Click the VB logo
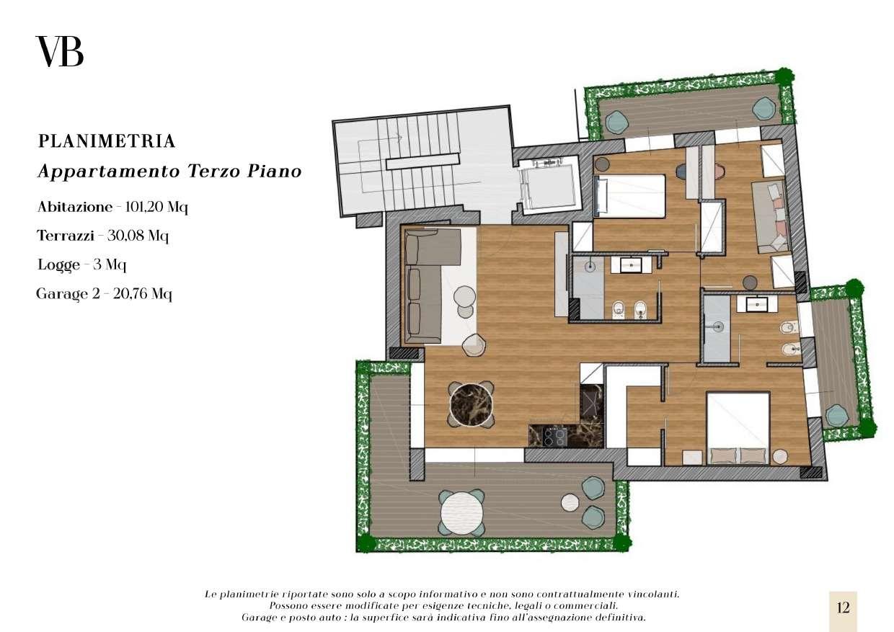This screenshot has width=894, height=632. click(60, 51)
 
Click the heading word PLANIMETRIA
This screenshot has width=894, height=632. click(107, 141)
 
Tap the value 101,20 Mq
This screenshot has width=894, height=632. click(156, 207)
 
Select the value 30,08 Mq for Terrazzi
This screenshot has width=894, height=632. click(138, 236)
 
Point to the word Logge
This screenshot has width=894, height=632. click(58, 265)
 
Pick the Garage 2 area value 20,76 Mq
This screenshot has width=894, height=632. click(143, 294)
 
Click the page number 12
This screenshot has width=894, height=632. click(843, 607)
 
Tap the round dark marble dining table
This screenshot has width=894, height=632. click(471, 404)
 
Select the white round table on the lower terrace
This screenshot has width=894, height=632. click(461, 513)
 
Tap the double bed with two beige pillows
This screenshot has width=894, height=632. click(738, 428)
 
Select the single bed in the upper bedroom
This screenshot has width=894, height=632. click(629, 196)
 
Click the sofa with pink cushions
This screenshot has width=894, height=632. click(770, 218)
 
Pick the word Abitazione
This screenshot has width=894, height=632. click(75, 207)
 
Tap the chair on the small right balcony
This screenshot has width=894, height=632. click(837, 415)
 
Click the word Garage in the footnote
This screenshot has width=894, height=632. click(256, 618)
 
